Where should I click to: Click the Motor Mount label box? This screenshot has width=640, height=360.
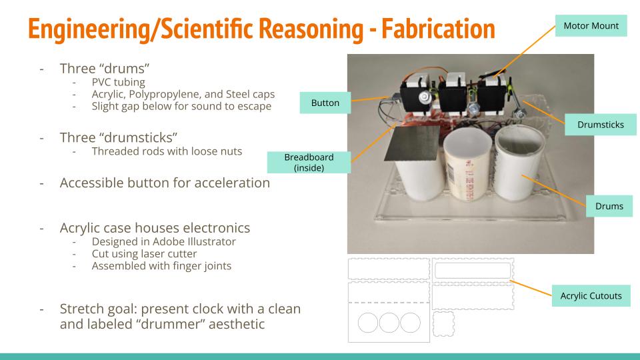[591, 26]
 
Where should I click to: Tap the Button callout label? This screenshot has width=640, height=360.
[325, 103]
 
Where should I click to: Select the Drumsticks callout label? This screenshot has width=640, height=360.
[601, 125]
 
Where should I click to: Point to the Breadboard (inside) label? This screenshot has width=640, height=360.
[309, 163]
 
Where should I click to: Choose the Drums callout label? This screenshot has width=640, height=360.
[609, 206]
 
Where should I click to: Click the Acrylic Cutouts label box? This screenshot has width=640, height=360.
[591, 296]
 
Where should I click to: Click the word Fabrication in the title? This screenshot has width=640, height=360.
[439, 29]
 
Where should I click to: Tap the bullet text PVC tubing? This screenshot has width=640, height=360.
[119, 82]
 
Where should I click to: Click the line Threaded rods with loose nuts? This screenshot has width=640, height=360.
[167, 151]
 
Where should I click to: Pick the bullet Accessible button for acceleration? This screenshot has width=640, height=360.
[165, 183]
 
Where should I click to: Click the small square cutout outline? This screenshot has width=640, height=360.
[444, 324]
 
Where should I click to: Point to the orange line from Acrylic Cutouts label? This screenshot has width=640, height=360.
[531, 288]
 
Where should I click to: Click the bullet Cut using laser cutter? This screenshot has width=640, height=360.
[144, 254]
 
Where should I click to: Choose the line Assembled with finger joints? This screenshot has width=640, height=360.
[161, 266]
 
